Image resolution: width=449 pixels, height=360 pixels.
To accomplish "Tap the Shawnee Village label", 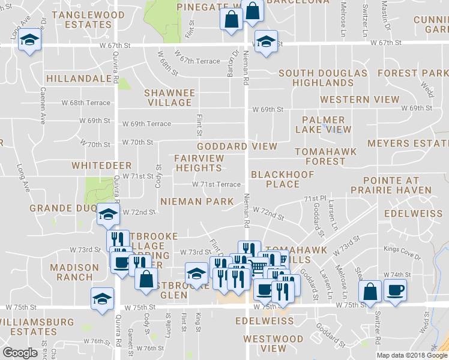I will pyautogui.click(x=170, y=98).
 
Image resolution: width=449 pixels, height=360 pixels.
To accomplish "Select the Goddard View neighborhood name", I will pyautogui.click(x=238, y=146).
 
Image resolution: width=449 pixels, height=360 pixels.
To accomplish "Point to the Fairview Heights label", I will pyautogui.click(x=199, y=163).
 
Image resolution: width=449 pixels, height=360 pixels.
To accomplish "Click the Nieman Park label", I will pyautogui.click(x=196, y=202).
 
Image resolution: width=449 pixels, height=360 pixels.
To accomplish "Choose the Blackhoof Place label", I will pyautogui.click(x=274, y=179).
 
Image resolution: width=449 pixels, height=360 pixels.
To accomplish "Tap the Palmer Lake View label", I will pyautogui.click(x=323, y=125).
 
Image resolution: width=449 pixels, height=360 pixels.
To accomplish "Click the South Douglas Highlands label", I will pyautogui.click(x=323, y=78).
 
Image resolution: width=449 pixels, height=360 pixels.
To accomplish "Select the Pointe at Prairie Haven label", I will pyautogui.click(x=397, y=185).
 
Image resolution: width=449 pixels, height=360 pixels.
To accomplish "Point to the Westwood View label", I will pyautogui.click(x=265, y=343).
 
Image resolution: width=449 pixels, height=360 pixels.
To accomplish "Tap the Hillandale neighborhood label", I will pyautogui.click(x=82, y=79).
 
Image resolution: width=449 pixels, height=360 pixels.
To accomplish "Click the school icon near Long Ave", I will pyautogui.click(x=28, y=41).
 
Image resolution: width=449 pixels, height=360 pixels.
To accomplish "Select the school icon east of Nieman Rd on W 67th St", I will pyautogui.click(x=264, y=41).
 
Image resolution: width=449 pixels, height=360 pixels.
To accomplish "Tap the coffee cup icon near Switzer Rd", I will pyautogui.click(x=394, y=291).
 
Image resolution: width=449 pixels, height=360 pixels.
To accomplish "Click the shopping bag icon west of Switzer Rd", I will pyautogui.click(x=370, y=291).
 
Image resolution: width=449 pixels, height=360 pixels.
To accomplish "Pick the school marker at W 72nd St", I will pyautogui.click(x=108, y=214).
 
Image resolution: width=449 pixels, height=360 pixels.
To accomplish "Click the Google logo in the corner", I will pyautogui.click(x=20, y=353).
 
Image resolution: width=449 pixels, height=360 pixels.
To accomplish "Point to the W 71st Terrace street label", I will pyautogui.click(x=216, y=185).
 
